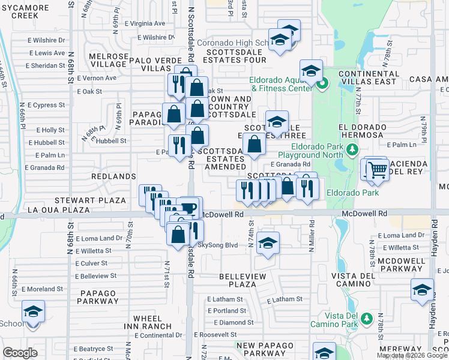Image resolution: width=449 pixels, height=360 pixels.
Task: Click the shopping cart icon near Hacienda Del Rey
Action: pyautogui.click(x=377, y=170)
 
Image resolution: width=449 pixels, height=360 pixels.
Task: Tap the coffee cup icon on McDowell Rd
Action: pyautogui.click(x=190, y=208)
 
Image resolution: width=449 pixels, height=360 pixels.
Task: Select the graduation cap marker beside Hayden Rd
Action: pyautogui.click(x=422, y=289)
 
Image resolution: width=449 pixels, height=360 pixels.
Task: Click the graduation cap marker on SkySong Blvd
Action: pyautogui.click(x=268, y=243)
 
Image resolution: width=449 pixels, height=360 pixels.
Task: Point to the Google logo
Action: pyautogui.click(x=20, y=353)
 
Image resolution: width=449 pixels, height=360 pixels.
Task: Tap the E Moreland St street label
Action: pyautogui.click(x=42, y=289)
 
